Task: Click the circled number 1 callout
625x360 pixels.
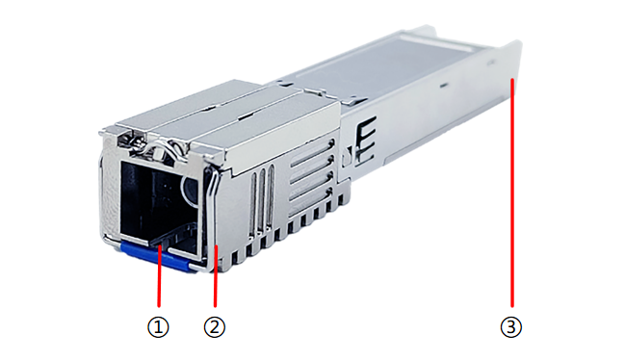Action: pos(158,327)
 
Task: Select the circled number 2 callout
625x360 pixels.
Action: pos(215,327)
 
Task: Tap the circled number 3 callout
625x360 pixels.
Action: pos(511,327)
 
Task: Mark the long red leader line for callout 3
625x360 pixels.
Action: pos(512,193)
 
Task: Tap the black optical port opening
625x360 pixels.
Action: pos(160,203)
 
